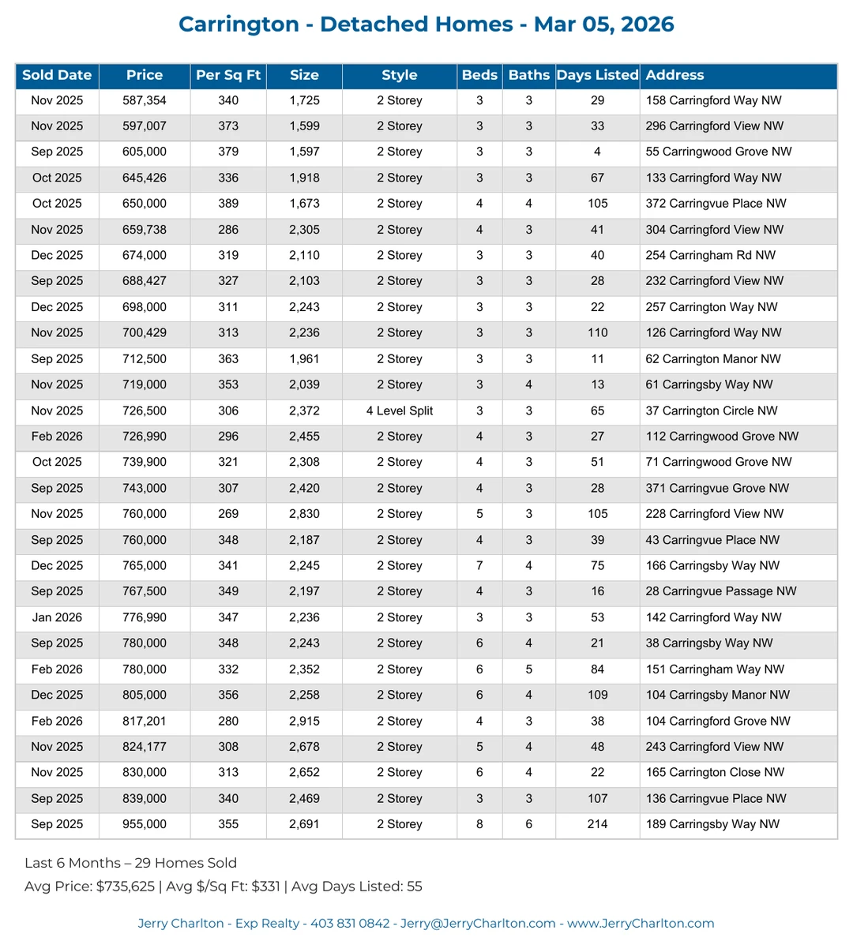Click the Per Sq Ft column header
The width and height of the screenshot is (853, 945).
tap(228, 76)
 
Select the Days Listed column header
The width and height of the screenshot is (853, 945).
tap(597, 76)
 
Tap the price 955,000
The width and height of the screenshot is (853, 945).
tap(145, 824)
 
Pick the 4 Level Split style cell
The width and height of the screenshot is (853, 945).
tap(400, 411)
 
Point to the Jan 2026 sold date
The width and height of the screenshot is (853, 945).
tap(57, 617)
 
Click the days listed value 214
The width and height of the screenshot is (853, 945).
tap(597, 824)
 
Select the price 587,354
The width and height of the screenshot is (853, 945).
tap(145, 100)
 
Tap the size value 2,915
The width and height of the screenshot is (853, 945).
tap(304, 721)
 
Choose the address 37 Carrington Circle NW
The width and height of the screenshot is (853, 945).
tap(711, 411)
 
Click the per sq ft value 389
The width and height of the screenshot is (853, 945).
tap(228, 204)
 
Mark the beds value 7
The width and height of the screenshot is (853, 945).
tap(479, 565)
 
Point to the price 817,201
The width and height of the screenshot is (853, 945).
tap(145, 721)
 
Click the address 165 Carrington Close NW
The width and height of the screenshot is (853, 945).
tap(715, 772)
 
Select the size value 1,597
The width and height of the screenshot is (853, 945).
tap(304, 152)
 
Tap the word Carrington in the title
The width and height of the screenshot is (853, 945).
tap(239, 24)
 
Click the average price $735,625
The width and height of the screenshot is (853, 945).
tap(126, 887)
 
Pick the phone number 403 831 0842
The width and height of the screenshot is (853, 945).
tap(350, 924)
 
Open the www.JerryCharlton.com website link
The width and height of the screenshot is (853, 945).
tap(641, 924)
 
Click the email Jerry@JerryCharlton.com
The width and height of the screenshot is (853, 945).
tap(478, 924)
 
